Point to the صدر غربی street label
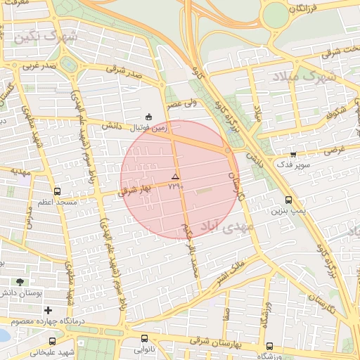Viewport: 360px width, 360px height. coord(39,65)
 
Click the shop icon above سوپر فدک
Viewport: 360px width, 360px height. coord(293,153)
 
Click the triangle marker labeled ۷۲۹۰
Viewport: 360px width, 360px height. coord(175,176)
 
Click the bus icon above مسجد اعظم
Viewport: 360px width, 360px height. coord(57,191)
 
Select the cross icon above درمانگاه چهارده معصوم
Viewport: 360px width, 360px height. coord(48,310)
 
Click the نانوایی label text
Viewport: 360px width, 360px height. coord(145,349)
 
